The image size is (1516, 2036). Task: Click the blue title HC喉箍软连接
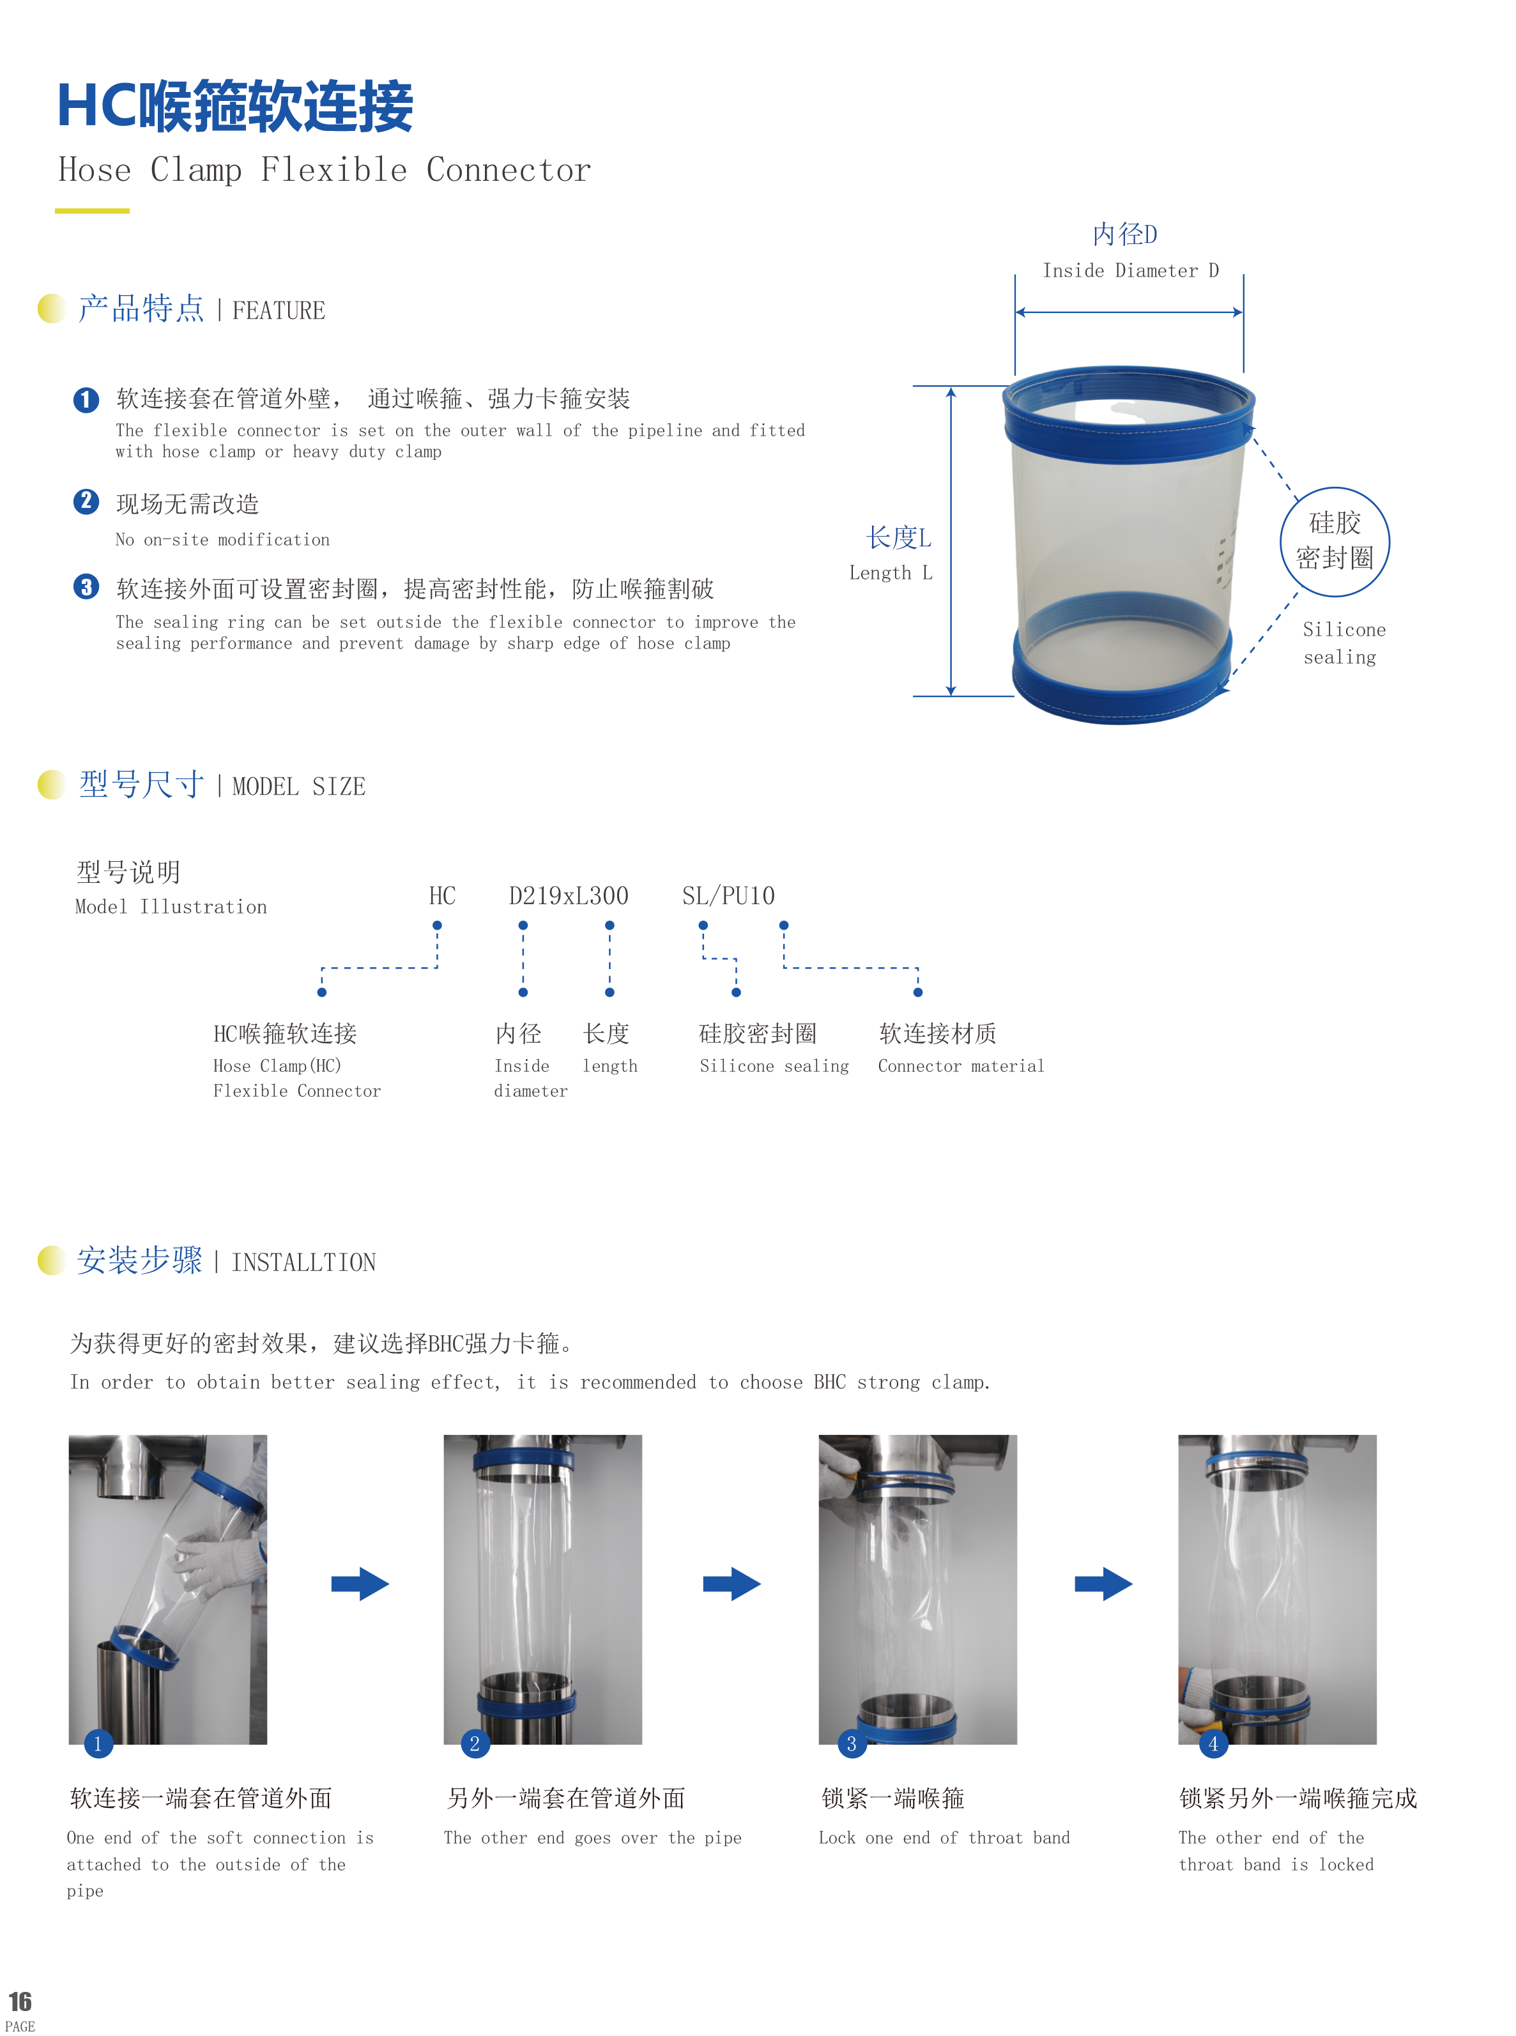tap(235, 107)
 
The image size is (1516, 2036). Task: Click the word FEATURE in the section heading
tap(278, 311)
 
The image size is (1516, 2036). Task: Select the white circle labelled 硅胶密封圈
tap(1335, 541)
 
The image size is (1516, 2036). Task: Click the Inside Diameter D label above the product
tap(1129, 271)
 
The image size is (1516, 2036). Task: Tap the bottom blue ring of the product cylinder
tap(1119, 684)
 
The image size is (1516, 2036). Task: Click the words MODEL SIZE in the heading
tap(298, 787)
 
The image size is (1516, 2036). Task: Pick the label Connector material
tap(960, 1065)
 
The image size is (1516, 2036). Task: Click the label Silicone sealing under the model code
tap(774, 1065)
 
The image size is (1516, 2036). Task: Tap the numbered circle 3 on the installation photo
tap(851, 1743)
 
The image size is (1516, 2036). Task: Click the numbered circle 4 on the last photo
tap(1213, 1743)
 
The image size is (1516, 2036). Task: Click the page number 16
tap(20, 2001)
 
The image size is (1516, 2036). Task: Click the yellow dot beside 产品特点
tap(53, 309)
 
